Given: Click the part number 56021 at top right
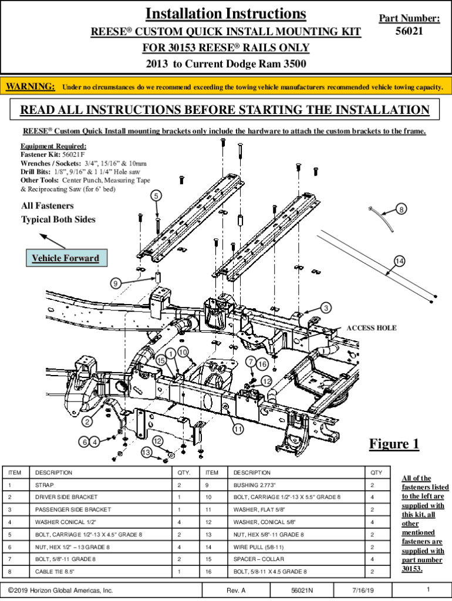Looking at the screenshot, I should (409, 31).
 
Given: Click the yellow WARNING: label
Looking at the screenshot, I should (31, 87).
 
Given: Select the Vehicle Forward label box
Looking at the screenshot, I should (65, 258).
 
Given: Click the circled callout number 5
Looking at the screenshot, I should (156, 195).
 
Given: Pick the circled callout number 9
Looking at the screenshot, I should (116, 283).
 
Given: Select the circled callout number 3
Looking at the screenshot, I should (326, 308).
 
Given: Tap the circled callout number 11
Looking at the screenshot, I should (238, 429).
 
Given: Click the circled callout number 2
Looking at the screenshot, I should (87, 421).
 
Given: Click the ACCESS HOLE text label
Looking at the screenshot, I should (371, 327).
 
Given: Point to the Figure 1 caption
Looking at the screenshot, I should (394, 444).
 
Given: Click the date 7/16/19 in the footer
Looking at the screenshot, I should (363, 590).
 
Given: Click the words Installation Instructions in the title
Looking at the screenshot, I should (225, 13).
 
